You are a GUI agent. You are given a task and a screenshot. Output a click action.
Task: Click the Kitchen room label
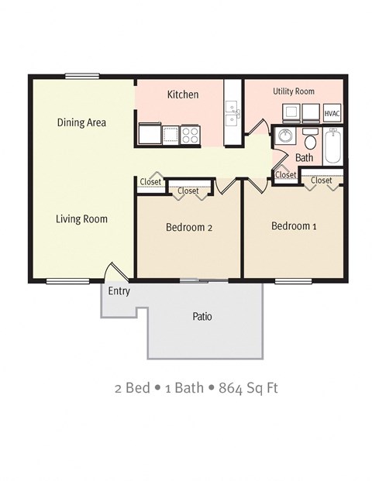click(183, 95)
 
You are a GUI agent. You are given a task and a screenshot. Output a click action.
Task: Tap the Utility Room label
click(293, 91)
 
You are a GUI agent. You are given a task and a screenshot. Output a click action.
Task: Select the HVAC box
click(332, 113)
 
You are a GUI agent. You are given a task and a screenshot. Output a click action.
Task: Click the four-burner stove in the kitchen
click(191, 135)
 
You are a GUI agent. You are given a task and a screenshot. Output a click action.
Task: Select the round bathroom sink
click(285, 138)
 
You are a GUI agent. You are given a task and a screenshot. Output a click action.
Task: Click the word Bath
click(304, 158)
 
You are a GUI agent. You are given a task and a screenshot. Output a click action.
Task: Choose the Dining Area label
click(81, 122)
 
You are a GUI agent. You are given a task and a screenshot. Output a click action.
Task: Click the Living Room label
click(81, 219)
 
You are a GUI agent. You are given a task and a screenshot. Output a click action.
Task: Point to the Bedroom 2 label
click(190, 228)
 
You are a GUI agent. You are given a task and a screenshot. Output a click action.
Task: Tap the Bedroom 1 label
click(294, 226)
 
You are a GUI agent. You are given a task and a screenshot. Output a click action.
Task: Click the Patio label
click(202, 317)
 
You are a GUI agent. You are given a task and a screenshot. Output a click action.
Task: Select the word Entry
click(119, 292)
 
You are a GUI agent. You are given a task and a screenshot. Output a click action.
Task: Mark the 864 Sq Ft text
click(248, 387)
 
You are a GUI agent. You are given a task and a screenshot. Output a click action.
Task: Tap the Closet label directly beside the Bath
click(285, 176)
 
